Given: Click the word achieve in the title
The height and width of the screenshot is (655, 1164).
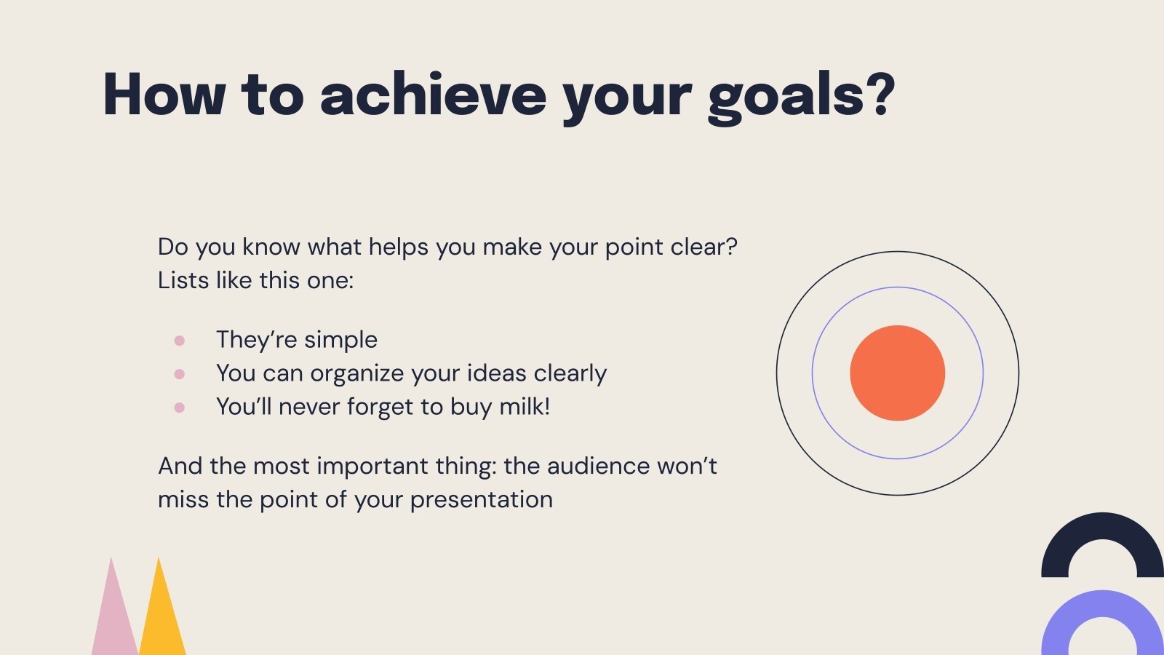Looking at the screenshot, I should click(x=433, y=95).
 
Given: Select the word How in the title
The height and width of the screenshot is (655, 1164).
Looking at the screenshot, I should click(x=164, y=95).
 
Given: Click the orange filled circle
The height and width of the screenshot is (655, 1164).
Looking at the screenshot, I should click(x=897, y=373).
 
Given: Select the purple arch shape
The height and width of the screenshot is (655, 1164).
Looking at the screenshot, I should click(x=1102, y=611).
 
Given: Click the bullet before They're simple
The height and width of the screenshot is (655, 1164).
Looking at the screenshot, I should click(x=180, y=340).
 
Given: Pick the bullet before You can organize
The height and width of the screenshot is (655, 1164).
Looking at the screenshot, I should click(x=180, y=374).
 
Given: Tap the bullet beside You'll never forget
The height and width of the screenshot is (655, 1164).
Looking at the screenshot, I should click(x=180, y=408).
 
